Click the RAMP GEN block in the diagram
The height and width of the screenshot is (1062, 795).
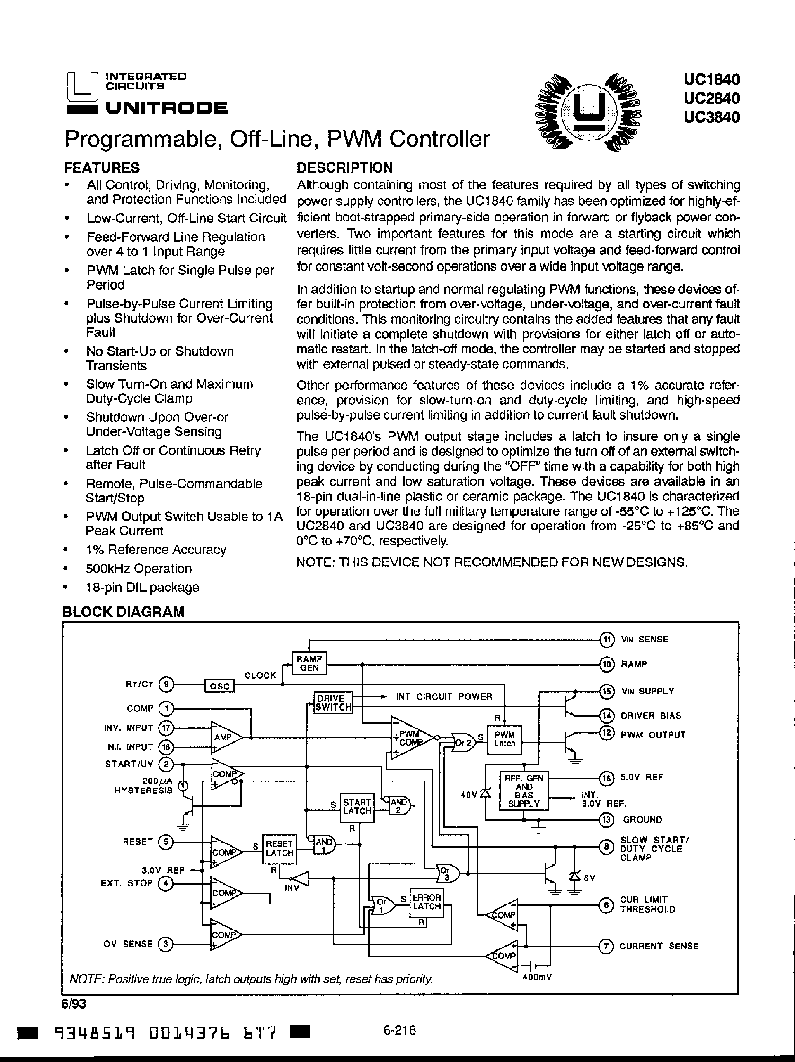point(309,664)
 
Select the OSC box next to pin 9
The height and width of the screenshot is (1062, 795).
point(220,685)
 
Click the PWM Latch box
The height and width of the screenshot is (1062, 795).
point(504,739)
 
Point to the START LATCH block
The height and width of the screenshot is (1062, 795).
point(356,807)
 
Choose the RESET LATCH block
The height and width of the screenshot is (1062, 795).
point(279,848)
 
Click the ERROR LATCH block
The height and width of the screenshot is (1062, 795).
point(426,902)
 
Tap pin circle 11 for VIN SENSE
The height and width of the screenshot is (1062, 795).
point(608,639)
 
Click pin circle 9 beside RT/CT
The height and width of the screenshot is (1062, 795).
point(166,685)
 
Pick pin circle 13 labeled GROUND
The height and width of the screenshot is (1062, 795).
point(607,819)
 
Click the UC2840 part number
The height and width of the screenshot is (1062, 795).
point(711,98)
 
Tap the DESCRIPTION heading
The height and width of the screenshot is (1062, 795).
point(344,167)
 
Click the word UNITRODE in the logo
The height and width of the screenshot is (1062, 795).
point(167,108)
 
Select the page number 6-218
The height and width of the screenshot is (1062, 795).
point(399,1029)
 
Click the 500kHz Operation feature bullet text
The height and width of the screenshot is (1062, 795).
point(139,569)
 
